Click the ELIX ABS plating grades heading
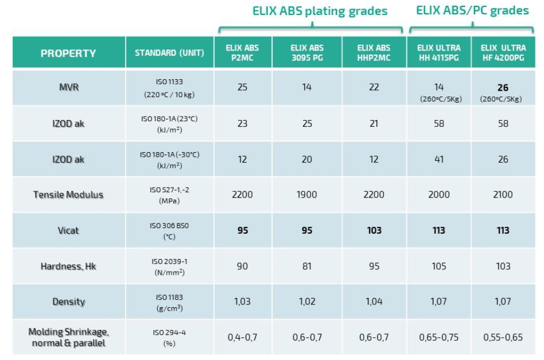click(320, 11)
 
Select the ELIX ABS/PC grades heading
click(472, 10)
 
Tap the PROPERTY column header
click(68, 53)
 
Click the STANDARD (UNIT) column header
click(169, 53)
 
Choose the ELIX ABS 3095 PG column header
click(307, 53)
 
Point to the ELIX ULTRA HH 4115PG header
click(439, 53)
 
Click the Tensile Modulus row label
click(68, 195)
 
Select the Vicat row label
click(68, 230)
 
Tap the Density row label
click(68, 301)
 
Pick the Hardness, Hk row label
click(68, 266)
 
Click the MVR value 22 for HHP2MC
click(374, 88)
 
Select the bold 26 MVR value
click(503, 88)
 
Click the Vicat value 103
click(374, 230)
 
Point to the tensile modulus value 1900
click(307, 195)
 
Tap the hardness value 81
click(307, 266)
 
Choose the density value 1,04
click(374, 301)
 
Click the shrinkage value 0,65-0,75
click(439, 337)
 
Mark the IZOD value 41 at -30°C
click(439, 159)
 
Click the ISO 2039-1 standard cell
click(169, 266)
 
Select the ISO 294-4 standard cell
click(169, 337)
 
